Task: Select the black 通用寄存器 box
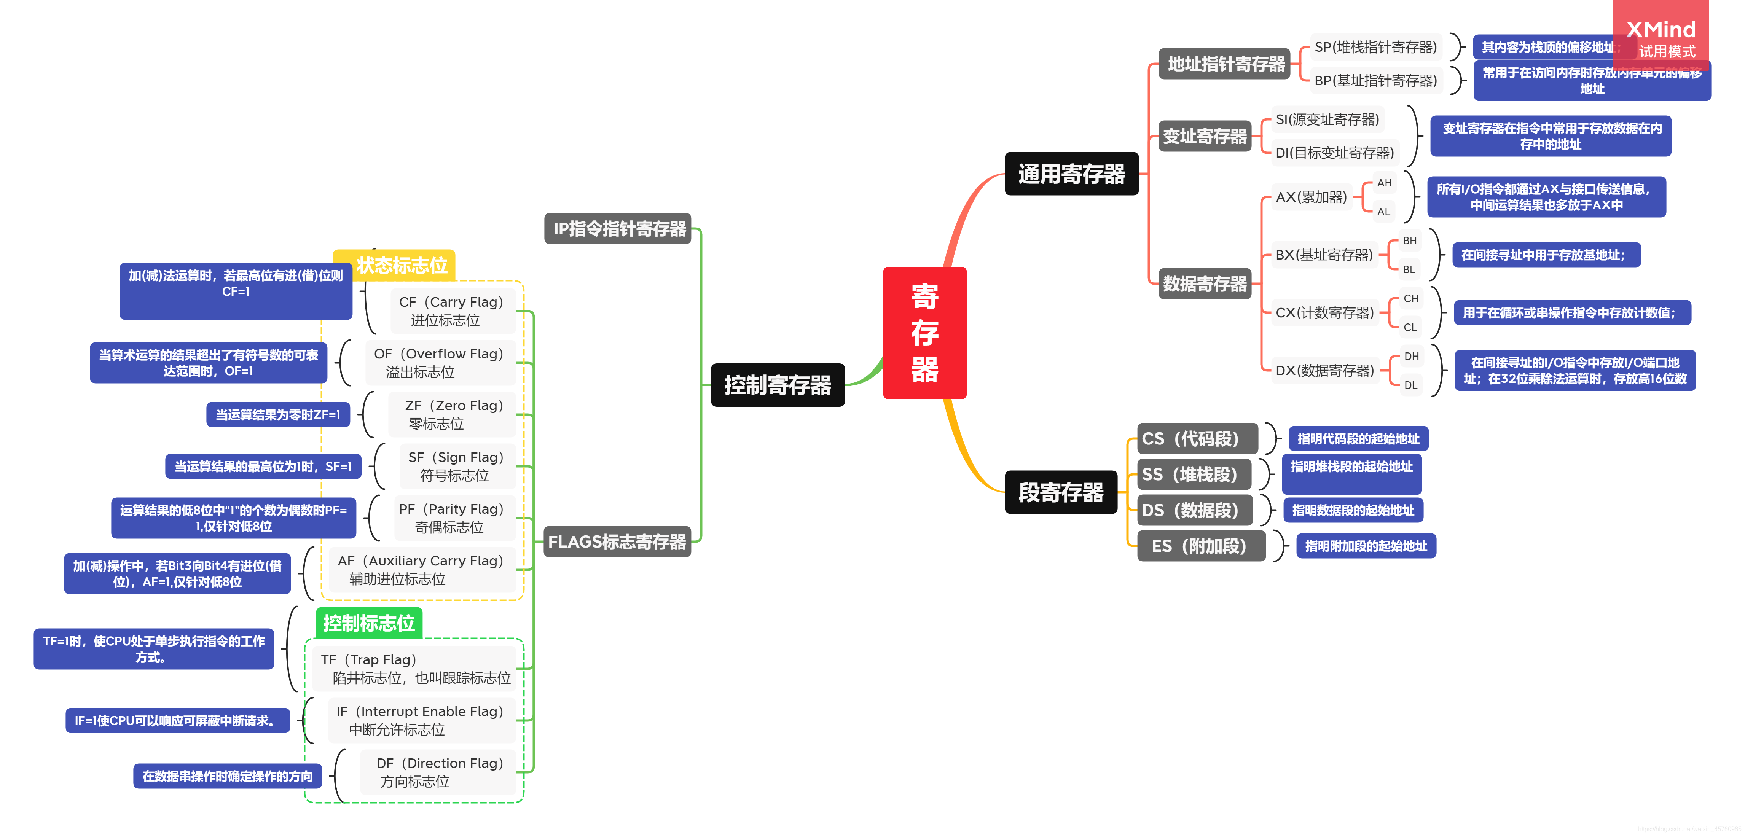tap(1071, 174)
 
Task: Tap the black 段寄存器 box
tap(1061, 492)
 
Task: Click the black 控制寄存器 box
tap(778, 385)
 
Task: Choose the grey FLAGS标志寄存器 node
tap(617, 542)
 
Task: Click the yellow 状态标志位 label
tap(401, 265)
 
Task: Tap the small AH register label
tap(1384, 183)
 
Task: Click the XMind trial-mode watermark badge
tap(1661, 35)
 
